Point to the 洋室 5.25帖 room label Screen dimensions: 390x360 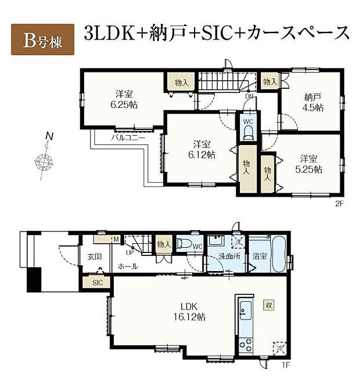click(x=311, y=164)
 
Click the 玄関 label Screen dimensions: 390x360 click(x=95, y=257)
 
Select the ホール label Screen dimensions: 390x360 click(x=128, y=266)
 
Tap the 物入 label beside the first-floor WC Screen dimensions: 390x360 click(x=164, y=245)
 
